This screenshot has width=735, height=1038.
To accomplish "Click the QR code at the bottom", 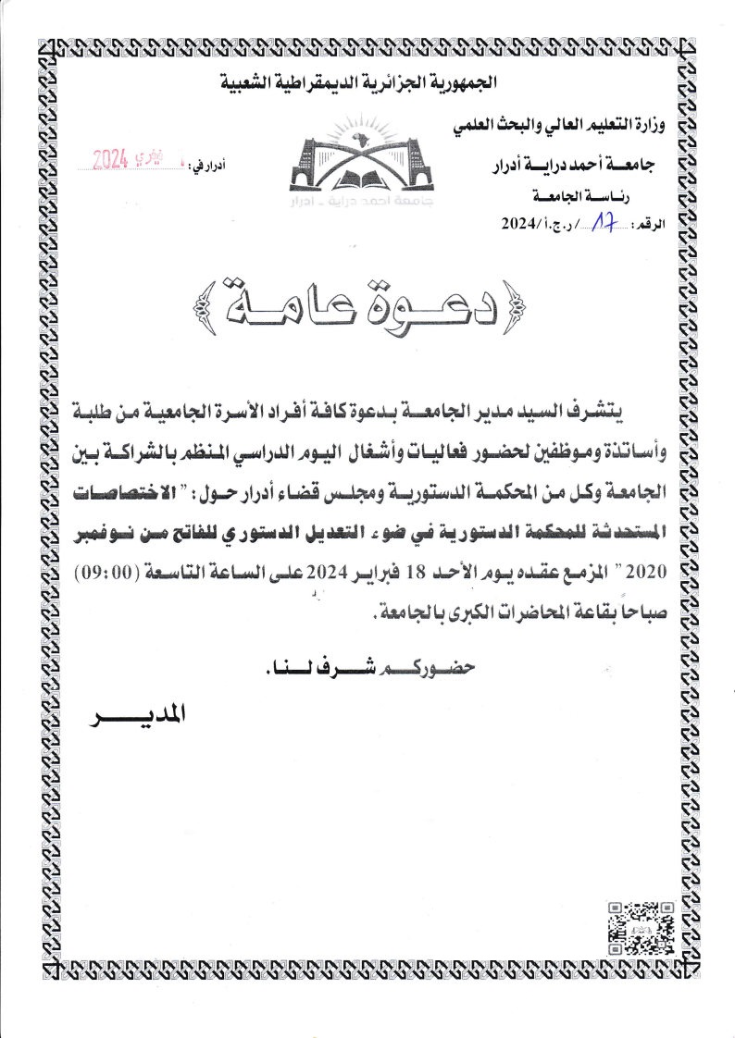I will coord(640,928).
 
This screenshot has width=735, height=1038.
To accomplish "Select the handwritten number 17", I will coord(607,223).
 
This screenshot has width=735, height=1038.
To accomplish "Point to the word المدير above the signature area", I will coord(136,717).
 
